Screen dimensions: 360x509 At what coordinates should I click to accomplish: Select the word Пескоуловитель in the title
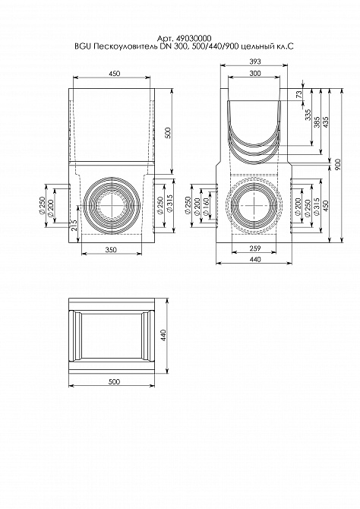[x=115, y=47]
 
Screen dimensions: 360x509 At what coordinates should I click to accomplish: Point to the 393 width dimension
[x=255, y=62]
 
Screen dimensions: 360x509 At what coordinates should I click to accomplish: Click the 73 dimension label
[x=299, y=94]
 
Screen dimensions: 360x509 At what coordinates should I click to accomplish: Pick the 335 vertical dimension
[x=308, y=115]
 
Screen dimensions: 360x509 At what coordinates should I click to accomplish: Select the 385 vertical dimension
[x=317, y=123]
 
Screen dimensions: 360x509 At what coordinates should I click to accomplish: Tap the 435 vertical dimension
[x=327, y=123]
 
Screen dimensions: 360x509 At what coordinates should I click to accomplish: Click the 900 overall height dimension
[x=338, y=165]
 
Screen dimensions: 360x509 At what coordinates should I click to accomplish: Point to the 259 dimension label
[x=255, y=248]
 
